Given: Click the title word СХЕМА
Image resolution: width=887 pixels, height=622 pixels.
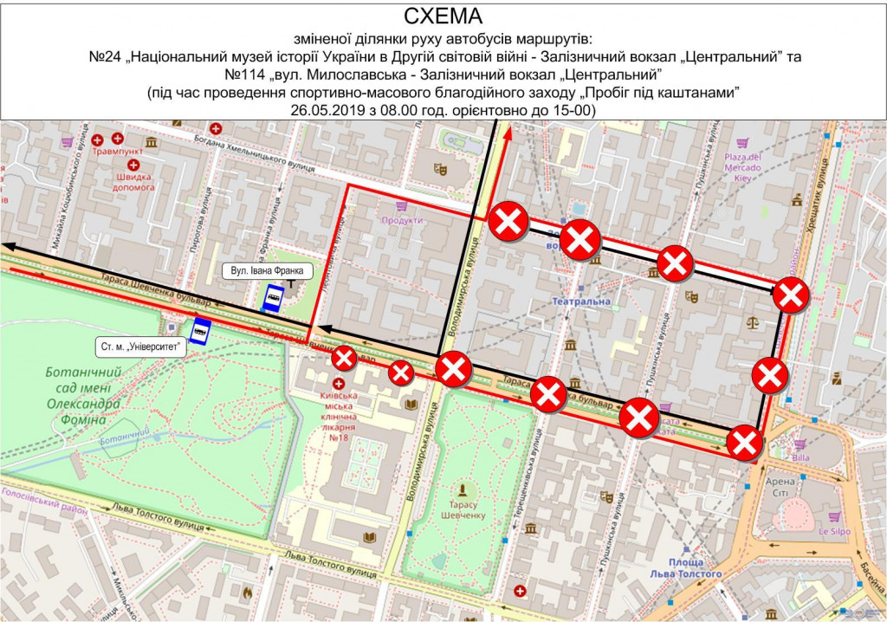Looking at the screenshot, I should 443,16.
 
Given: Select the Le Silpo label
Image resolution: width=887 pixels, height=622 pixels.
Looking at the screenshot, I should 835,531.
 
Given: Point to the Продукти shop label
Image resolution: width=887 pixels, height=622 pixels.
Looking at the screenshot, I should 401,220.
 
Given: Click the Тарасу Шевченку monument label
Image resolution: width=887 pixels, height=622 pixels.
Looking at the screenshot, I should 468,509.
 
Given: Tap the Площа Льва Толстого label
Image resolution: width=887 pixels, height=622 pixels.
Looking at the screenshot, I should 688,568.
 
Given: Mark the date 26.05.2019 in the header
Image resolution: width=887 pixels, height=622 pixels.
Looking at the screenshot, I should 333,111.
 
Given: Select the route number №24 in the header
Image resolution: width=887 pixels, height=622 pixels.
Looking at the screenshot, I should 107,56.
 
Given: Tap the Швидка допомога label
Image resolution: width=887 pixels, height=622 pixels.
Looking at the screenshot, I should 128,180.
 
